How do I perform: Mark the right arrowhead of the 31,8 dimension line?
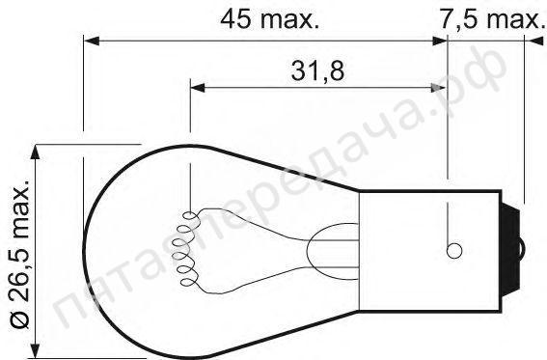pyautogui.click(x=445, y=88)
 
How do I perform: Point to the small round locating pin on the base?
pyautogui.click(x=451, y=252)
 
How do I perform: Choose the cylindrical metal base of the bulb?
pyautogui.click(x=424, y=249)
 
